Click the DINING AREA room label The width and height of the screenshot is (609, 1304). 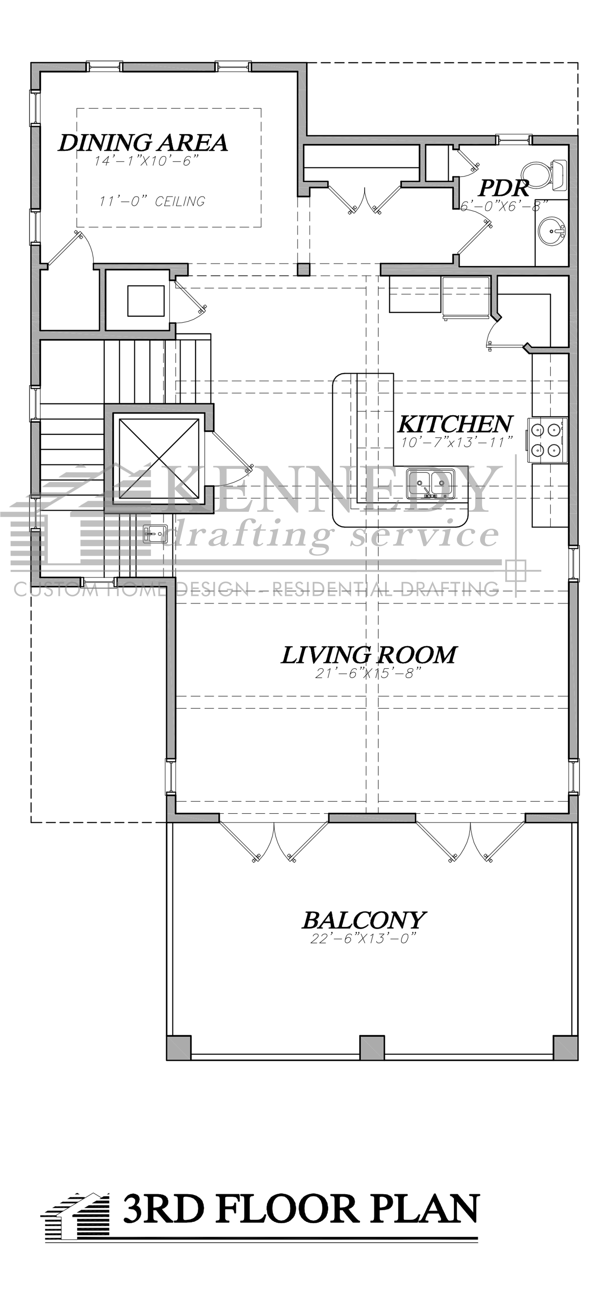(143, 143)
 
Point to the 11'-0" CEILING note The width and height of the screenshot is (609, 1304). (152, 202)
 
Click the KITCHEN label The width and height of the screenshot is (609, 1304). (455, 423)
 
